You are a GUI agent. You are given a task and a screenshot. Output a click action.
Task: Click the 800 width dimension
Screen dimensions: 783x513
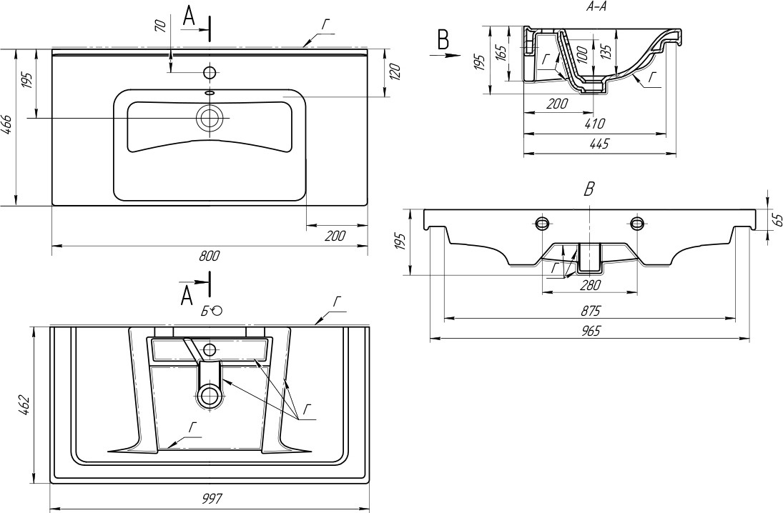click(210, 257)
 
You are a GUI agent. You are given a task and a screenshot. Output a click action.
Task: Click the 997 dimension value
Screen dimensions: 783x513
click(212, 499)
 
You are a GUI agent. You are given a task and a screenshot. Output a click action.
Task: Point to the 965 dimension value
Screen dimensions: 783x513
click(590, 330)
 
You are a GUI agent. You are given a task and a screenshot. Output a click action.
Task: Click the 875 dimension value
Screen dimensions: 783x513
click(590, 310)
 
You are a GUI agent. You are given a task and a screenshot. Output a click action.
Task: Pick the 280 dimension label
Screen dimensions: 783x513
click(590, 286)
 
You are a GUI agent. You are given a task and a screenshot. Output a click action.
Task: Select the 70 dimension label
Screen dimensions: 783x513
click(161, 26)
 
